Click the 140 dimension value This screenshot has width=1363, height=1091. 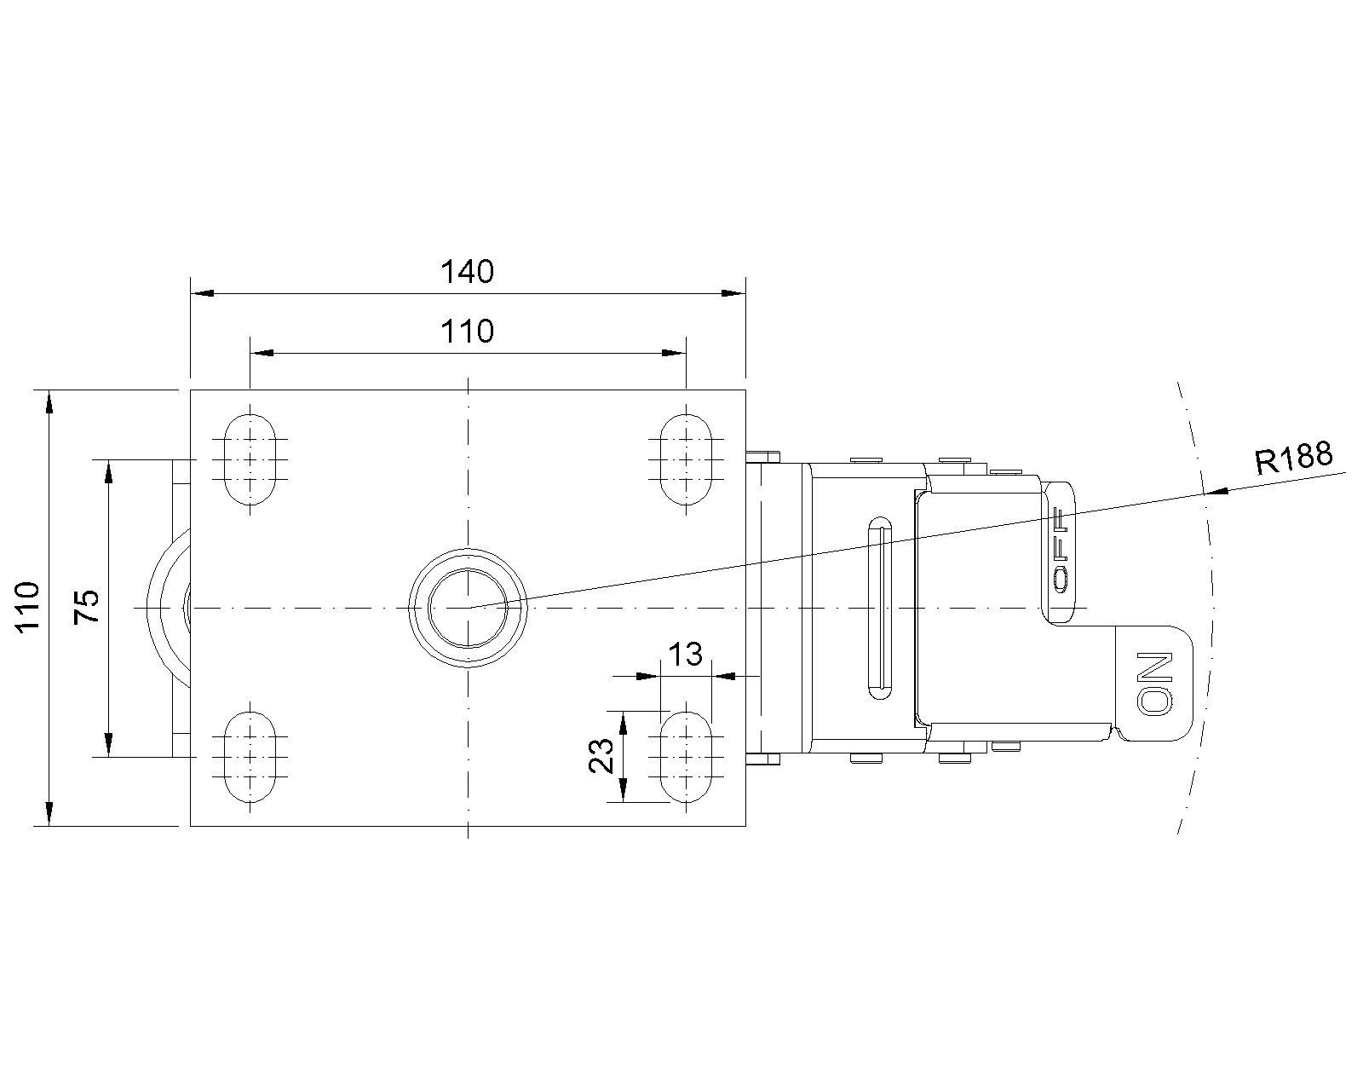pyautogui.click(x=467, y=272)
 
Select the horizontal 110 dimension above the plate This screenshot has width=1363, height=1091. pyautogui.click(x=467, y=332)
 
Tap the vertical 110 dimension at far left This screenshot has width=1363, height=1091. pyautogui.click(x=29, y=607)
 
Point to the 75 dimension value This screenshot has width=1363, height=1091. pyautogui.click(x=88, y=607)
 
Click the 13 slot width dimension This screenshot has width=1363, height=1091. pyautogui.click(x=685, y=655)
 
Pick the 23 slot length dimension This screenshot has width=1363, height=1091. pyautogui.click(x=601, y=755)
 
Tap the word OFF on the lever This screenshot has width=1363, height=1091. pyautogui.click(x=1060, y=551)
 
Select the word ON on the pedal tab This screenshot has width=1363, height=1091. pyautogui.click(x=1155, y=684)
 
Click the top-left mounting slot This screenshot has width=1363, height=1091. pyautogui.click(x=250, y=459)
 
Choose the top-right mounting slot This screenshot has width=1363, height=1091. pyautogui.click(x=686, y=459)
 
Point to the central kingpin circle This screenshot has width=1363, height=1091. pyautogui.click(x=467, y=608)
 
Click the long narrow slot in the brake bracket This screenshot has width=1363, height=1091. pyautogui.click(x=880, y=608)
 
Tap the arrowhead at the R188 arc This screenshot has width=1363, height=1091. pyautogui.click(x=1219, y=492)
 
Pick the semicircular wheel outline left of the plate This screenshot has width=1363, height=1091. pyautogui.click(x=162, y=608)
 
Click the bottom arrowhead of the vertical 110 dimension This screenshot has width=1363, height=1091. pyautogui.click(x=49, y=814)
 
